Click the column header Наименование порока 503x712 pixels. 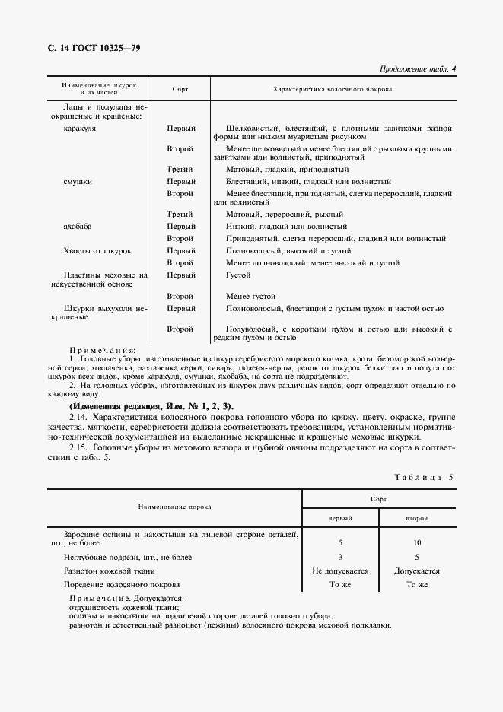click(174, 506)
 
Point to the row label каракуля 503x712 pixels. click(80, 129)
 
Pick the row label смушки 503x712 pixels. click(78, 182)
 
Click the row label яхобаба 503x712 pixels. click(80, 226)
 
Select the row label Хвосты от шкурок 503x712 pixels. click(98, 250)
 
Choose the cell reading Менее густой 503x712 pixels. click(250, 295)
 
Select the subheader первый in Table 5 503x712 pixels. click(339, 518)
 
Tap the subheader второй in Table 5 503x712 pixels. click(416, 518)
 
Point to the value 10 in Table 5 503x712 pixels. click(416, 543)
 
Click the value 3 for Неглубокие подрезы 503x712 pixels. click(339, 557)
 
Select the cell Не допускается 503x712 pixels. click(340, 571)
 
